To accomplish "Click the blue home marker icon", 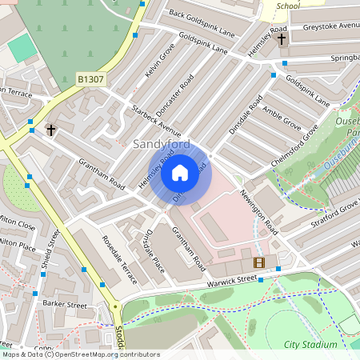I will [x=180, y=172].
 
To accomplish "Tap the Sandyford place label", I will [x=162, y=145].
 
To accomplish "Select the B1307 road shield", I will [x=90, y=79].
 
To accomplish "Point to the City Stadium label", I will [x=311, y=345].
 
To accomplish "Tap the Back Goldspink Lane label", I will [x=202, y=24].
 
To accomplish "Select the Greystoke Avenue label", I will [x=330, y=26].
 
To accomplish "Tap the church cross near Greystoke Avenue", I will [x=281, y=38].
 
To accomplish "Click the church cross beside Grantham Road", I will [x=51, y=129].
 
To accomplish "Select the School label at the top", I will [x=287, y=6].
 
